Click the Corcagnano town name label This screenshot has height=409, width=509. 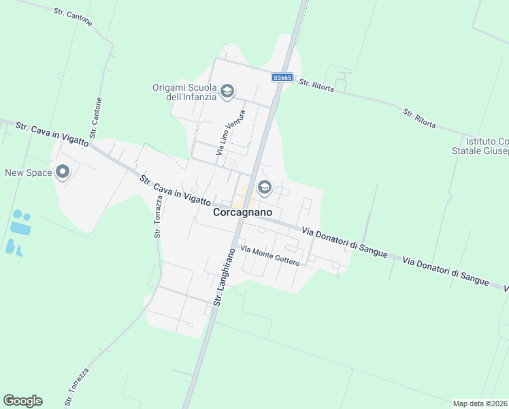point(243,213)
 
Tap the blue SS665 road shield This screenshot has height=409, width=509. point(282,78)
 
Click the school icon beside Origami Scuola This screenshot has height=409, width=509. point(227,91)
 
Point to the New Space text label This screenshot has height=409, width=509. point(29,172)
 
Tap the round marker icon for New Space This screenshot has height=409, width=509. point(63,172)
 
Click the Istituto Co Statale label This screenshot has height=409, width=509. point(480,146)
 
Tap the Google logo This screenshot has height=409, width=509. point(22,401)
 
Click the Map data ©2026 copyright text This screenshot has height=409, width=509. point(480,404)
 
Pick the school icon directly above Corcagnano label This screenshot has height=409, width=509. point(263,187)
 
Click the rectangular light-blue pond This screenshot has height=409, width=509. point(20,229)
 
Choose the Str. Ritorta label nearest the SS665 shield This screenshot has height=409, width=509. point(316,88)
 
